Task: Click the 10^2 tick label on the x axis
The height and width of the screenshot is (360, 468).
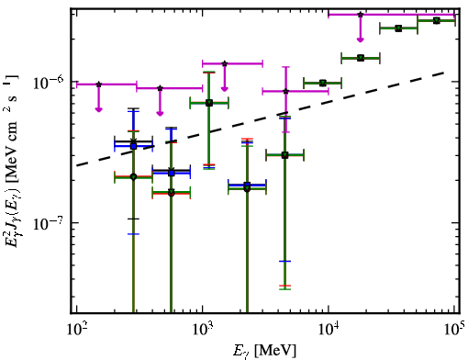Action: [x=77, y=329]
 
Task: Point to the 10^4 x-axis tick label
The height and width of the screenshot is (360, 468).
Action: [x=329, y=329]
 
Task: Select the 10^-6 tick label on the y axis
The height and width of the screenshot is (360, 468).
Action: [x=49, y=82]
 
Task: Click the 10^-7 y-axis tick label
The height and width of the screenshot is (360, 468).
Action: [x=49, y=223]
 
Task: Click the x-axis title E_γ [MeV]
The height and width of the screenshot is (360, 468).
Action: [x=264, y=351]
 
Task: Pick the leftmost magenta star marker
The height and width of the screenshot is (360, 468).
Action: [x=98, y=84]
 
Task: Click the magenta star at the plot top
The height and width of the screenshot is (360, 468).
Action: [x=361, y=15]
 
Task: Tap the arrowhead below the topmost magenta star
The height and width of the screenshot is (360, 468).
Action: [x=361, y=39]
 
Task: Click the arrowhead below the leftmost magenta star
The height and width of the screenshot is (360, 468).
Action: [x=98, y=109]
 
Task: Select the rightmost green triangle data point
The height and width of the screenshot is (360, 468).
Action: [x=437, y=20]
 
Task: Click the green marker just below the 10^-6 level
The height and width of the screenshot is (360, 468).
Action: [x=323, y=83]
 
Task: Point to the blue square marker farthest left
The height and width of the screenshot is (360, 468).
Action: [x=133, y=146]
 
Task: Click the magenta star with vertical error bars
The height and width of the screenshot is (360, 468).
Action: [x=285, y=91]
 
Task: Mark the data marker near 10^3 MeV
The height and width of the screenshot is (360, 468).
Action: [x=209, y=103]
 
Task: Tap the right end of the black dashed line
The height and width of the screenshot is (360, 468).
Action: [x=443, y=73]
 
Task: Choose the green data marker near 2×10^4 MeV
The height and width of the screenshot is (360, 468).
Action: [x=361, y=58]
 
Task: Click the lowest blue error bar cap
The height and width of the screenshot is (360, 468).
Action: [x=284, y=261]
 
